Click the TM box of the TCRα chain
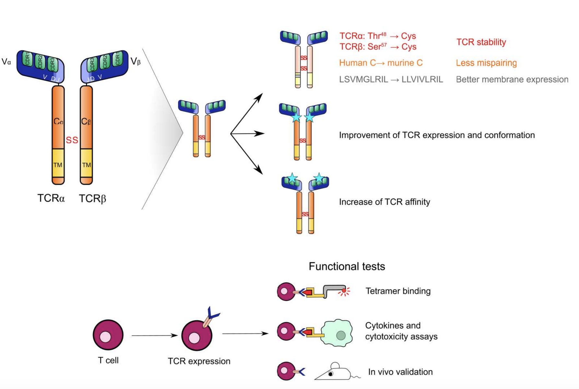pos(58,165)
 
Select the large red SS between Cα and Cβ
pos(72,140)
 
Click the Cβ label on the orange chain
pos(86,121)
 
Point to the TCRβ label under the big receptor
pos(92,198)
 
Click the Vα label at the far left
pos(6,61)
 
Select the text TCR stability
pos(481,42)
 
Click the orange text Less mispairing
pos(486,63)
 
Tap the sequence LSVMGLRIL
pos(363,80)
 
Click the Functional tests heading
pos(347,267)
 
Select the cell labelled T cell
pos(108,335)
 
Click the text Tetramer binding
pos(398,291)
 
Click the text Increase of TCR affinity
pos(384,202)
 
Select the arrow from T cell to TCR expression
pos(154,335)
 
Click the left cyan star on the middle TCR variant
pos(296,117)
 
